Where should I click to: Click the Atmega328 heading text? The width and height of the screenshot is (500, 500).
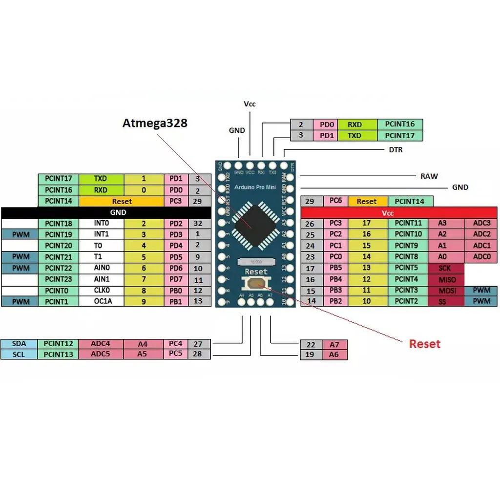[154, 123]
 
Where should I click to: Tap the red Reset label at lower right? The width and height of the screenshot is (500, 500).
[424, 344]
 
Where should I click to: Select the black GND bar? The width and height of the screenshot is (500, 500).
[118, 212]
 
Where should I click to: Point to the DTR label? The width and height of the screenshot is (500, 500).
[396, 150]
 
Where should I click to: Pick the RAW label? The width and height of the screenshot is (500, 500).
[429, 176]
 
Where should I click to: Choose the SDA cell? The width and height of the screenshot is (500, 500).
[19, 344]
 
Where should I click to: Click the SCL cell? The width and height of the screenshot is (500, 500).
[19, 354]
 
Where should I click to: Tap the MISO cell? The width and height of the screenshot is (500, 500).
[446, 279]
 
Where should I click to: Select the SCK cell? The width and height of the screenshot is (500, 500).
[445, 268]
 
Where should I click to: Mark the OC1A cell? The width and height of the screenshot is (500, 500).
[103, 301]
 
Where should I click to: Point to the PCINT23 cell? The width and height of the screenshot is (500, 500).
[58, 279]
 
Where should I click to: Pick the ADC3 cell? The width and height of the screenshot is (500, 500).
[481, 223]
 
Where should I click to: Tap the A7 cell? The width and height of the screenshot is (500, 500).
[334, 344]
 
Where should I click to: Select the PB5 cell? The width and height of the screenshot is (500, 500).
[335, 268]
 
